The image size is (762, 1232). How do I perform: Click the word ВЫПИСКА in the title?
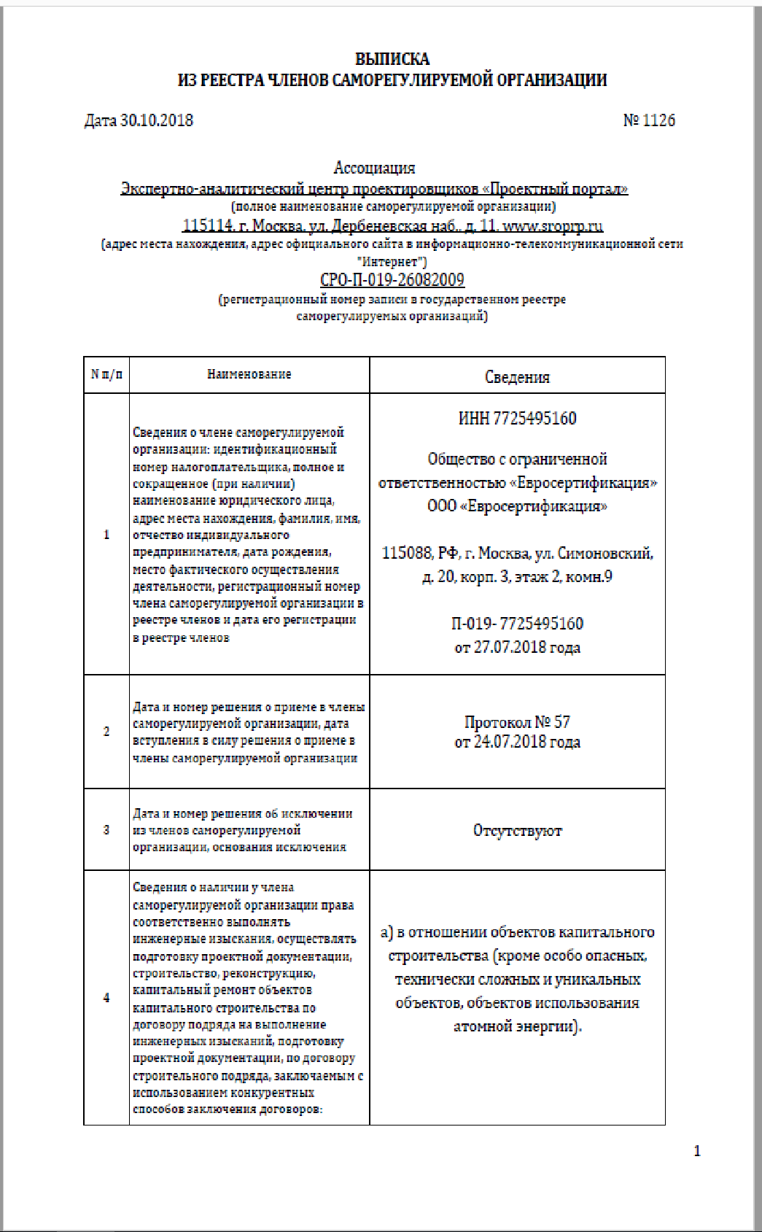392,59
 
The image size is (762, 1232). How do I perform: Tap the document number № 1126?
649,120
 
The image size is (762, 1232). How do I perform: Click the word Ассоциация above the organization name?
374,168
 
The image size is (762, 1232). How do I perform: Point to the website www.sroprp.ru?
553,225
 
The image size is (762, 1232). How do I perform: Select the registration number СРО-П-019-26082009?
392,280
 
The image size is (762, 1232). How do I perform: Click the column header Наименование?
249,374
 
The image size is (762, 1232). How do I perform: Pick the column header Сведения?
517,377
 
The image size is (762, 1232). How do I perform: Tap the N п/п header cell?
106,374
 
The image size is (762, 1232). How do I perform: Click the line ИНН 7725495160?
517,418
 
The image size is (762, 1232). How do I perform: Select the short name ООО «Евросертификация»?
517,506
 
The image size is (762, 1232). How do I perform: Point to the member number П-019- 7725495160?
517,624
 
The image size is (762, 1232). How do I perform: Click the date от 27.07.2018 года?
517,647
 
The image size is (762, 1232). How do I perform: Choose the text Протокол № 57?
517,722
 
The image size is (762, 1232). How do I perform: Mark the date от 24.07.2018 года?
517,743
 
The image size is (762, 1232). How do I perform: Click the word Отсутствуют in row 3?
517,831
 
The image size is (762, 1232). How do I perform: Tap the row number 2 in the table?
106,732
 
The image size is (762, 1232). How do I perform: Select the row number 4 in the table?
106,997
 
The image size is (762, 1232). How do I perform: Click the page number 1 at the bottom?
697,1151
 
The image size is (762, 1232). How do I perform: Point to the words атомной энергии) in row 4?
517,1026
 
